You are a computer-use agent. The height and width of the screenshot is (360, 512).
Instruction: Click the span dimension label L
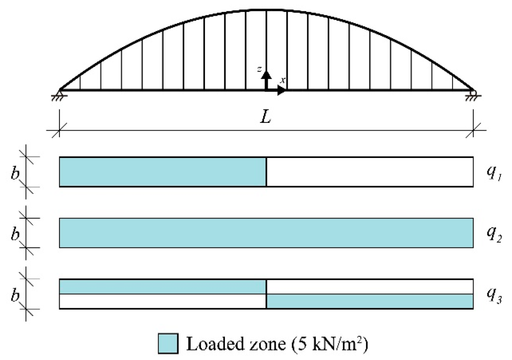click(x=265, y=118)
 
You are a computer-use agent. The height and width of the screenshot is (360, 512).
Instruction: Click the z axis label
click(x=259, y=69)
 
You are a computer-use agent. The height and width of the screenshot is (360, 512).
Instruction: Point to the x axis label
click(x=283, y=80)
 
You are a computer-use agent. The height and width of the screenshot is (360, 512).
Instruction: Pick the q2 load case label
click(x=494, y=234)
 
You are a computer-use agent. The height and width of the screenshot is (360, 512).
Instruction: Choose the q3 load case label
click(x=494, y=295)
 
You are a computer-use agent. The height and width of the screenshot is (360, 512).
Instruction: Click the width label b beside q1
click(x=15, y=173)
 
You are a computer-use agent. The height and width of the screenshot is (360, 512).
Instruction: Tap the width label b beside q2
click(x=15, y=234)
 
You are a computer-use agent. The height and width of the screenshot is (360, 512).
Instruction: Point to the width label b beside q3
click(x=15, y=295)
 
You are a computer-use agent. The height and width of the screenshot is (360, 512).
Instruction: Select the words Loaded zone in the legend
click(x=235, y=344)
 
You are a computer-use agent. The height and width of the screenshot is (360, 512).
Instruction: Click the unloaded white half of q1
click(x=370, y=172)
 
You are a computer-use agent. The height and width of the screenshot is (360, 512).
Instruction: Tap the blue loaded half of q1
click(x=163, y=172)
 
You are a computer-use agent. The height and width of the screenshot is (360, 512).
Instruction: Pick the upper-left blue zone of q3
click(x=163, y=287)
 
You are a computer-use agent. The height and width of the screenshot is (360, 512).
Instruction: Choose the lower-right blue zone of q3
click(x=370, y=301)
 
